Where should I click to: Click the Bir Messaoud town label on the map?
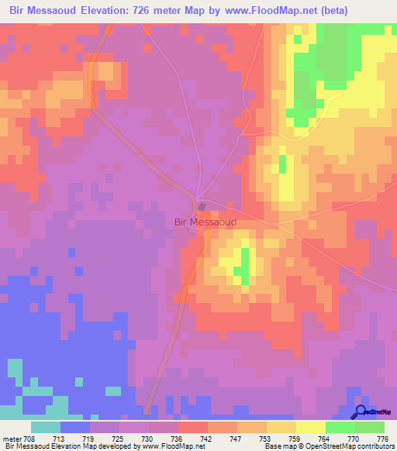point(205,222)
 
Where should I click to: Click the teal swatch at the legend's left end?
point(46,427)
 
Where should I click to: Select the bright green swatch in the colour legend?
point(340,427)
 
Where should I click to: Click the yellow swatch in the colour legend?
point(310,427)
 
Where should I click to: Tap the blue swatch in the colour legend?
point(75,427)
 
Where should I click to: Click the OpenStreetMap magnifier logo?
point(361,412)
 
